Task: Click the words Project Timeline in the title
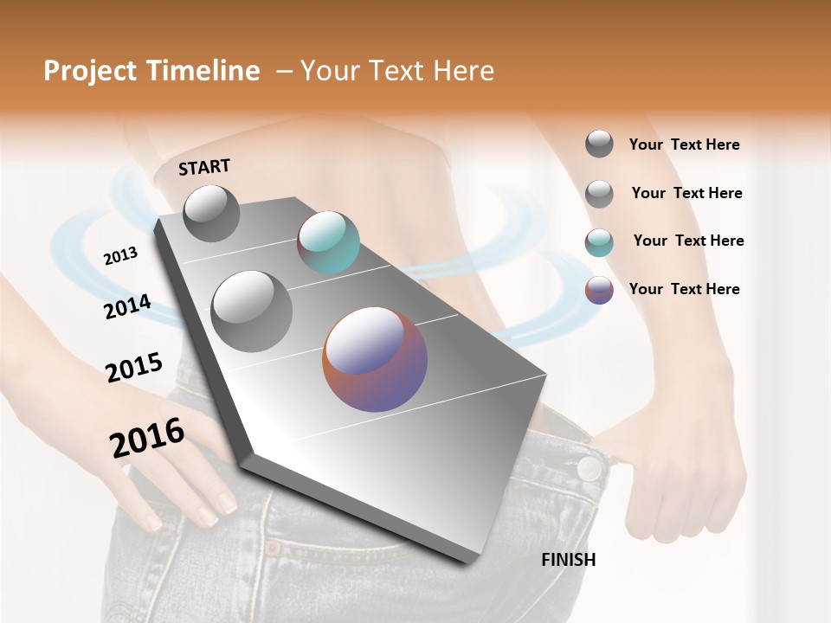151,71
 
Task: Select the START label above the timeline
204,167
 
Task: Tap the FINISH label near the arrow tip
569,560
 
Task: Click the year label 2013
120,256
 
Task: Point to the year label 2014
127,307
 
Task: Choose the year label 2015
134,367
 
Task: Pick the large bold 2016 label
147,438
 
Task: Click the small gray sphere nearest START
211,214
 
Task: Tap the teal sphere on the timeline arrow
328,242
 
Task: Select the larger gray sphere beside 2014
252,311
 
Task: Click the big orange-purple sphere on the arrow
375,359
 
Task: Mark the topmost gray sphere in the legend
599,144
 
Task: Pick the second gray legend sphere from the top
599,194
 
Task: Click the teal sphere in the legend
599,242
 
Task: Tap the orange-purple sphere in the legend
599,290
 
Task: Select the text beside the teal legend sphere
688,241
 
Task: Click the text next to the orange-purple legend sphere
684,289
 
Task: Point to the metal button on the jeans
589,468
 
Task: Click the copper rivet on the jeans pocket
273,548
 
